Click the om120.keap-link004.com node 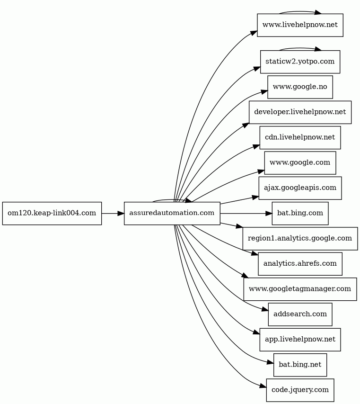[52, 213]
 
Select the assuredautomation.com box [172, 213]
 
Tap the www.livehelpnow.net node [300, 25]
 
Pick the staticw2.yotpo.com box [300, 62]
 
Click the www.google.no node [300, 87]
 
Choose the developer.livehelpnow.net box [300, 112]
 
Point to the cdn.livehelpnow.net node [300, 137]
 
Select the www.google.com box [300, 163]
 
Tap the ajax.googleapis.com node [300, 188]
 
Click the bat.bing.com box [300, 213]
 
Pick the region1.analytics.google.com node [300, 239]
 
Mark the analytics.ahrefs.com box [300, 264]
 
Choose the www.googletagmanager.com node [300, 289]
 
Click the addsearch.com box [300, 314]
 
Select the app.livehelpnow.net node [300, 340]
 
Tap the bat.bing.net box [300, 365]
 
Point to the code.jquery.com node [300, 390]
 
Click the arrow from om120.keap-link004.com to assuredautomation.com [113, 213]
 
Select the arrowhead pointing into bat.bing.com [269, 213]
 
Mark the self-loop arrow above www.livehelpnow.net [300, 11]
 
